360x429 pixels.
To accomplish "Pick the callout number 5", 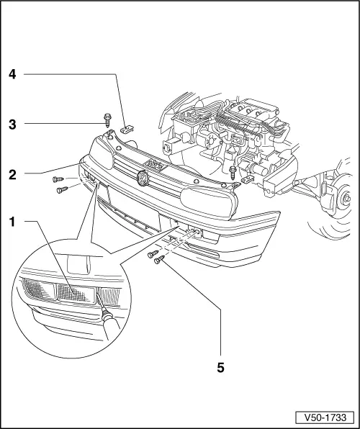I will [220, 368].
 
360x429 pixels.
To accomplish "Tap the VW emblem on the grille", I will [143, 180].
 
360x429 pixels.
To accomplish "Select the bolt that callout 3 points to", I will [107, 118].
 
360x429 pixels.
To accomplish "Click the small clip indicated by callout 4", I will [127, 130].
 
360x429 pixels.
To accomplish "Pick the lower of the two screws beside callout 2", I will [60, 190].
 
